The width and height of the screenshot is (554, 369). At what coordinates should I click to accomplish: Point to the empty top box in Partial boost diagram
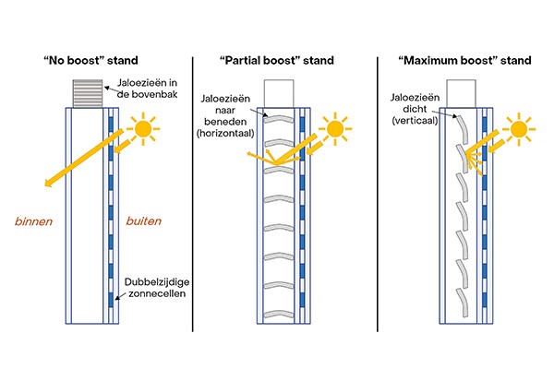click(278, 94)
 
